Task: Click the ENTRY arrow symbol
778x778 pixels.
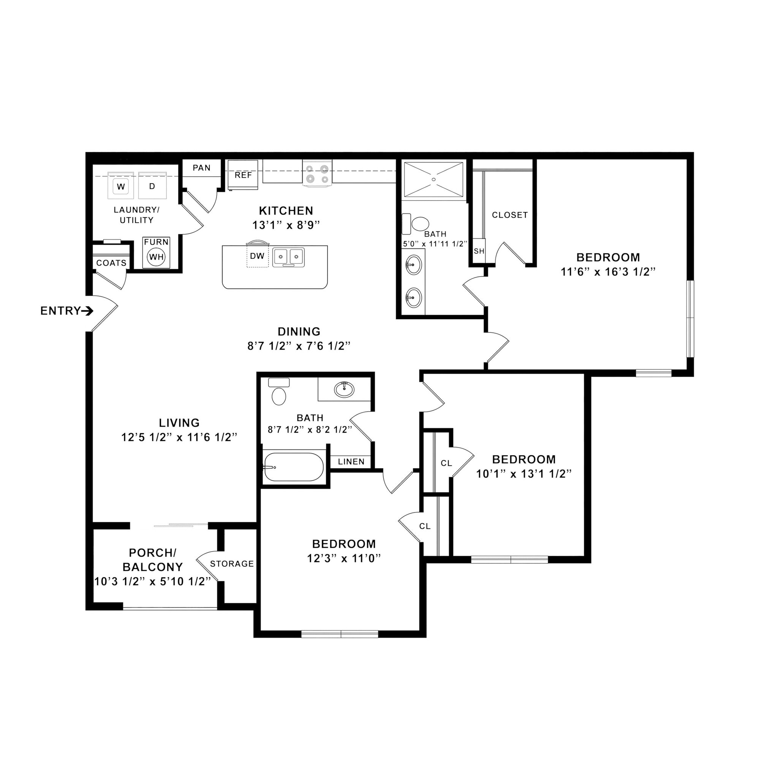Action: pyautogui.click(x=88, y=311)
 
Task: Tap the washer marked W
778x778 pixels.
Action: pyautogui.click(x=121, y=187)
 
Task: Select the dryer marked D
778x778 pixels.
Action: pyautogui.click(x=152, y=186)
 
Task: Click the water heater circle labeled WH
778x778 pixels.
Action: pyautogui.click(x=156, y=257)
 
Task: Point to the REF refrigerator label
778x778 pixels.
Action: pyautogui.click(x=243, y=175)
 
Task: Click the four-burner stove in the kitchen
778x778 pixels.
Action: pyautogui.click(x=317, y=174)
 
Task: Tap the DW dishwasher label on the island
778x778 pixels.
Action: pyautogui.click(x=257, y=256)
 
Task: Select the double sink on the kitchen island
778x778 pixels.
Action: pyautogui.click(x=288, y=257)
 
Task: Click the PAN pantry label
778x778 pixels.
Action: pyautogui.click(x=201, y=168)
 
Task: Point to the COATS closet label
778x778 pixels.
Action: pyautogui.click(x=111, y=263)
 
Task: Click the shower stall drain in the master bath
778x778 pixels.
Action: pyautogui.click(x=434, y=179)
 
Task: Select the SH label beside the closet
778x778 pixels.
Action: pyautogui.click(x=479, y=251)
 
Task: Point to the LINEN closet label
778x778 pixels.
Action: pyautogui.click(x=351, y=462)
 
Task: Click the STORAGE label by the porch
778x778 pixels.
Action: pyautogui.click(x=232, y=564)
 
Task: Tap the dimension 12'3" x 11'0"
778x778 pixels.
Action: pyautogui.click(x=344, y=558)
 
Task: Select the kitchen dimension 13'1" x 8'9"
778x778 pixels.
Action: pyautogui.click(x=286, y=225)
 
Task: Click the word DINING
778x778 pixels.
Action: pyautogui.click(x=299, y=331)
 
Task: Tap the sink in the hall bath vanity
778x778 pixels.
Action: pyautogui.click(x=344, y=389)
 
